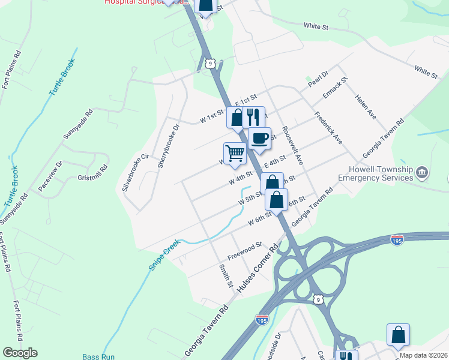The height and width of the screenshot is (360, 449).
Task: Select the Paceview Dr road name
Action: (x=50, y=172)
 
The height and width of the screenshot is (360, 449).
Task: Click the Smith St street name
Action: (x=226, y=275)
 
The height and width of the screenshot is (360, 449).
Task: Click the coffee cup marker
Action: (x=259, y=138)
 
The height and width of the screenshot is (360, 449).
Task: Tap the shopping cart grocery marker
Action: (x=235, y=152)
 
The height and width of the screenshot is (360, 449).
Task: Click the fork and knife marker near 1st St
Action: (x=254, y=116)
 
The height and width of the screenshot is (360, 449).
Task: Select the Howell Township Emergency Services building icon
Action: (x=421, y=173)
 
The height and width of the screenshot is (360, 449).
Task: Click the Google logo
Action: (x=20, y=353)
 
